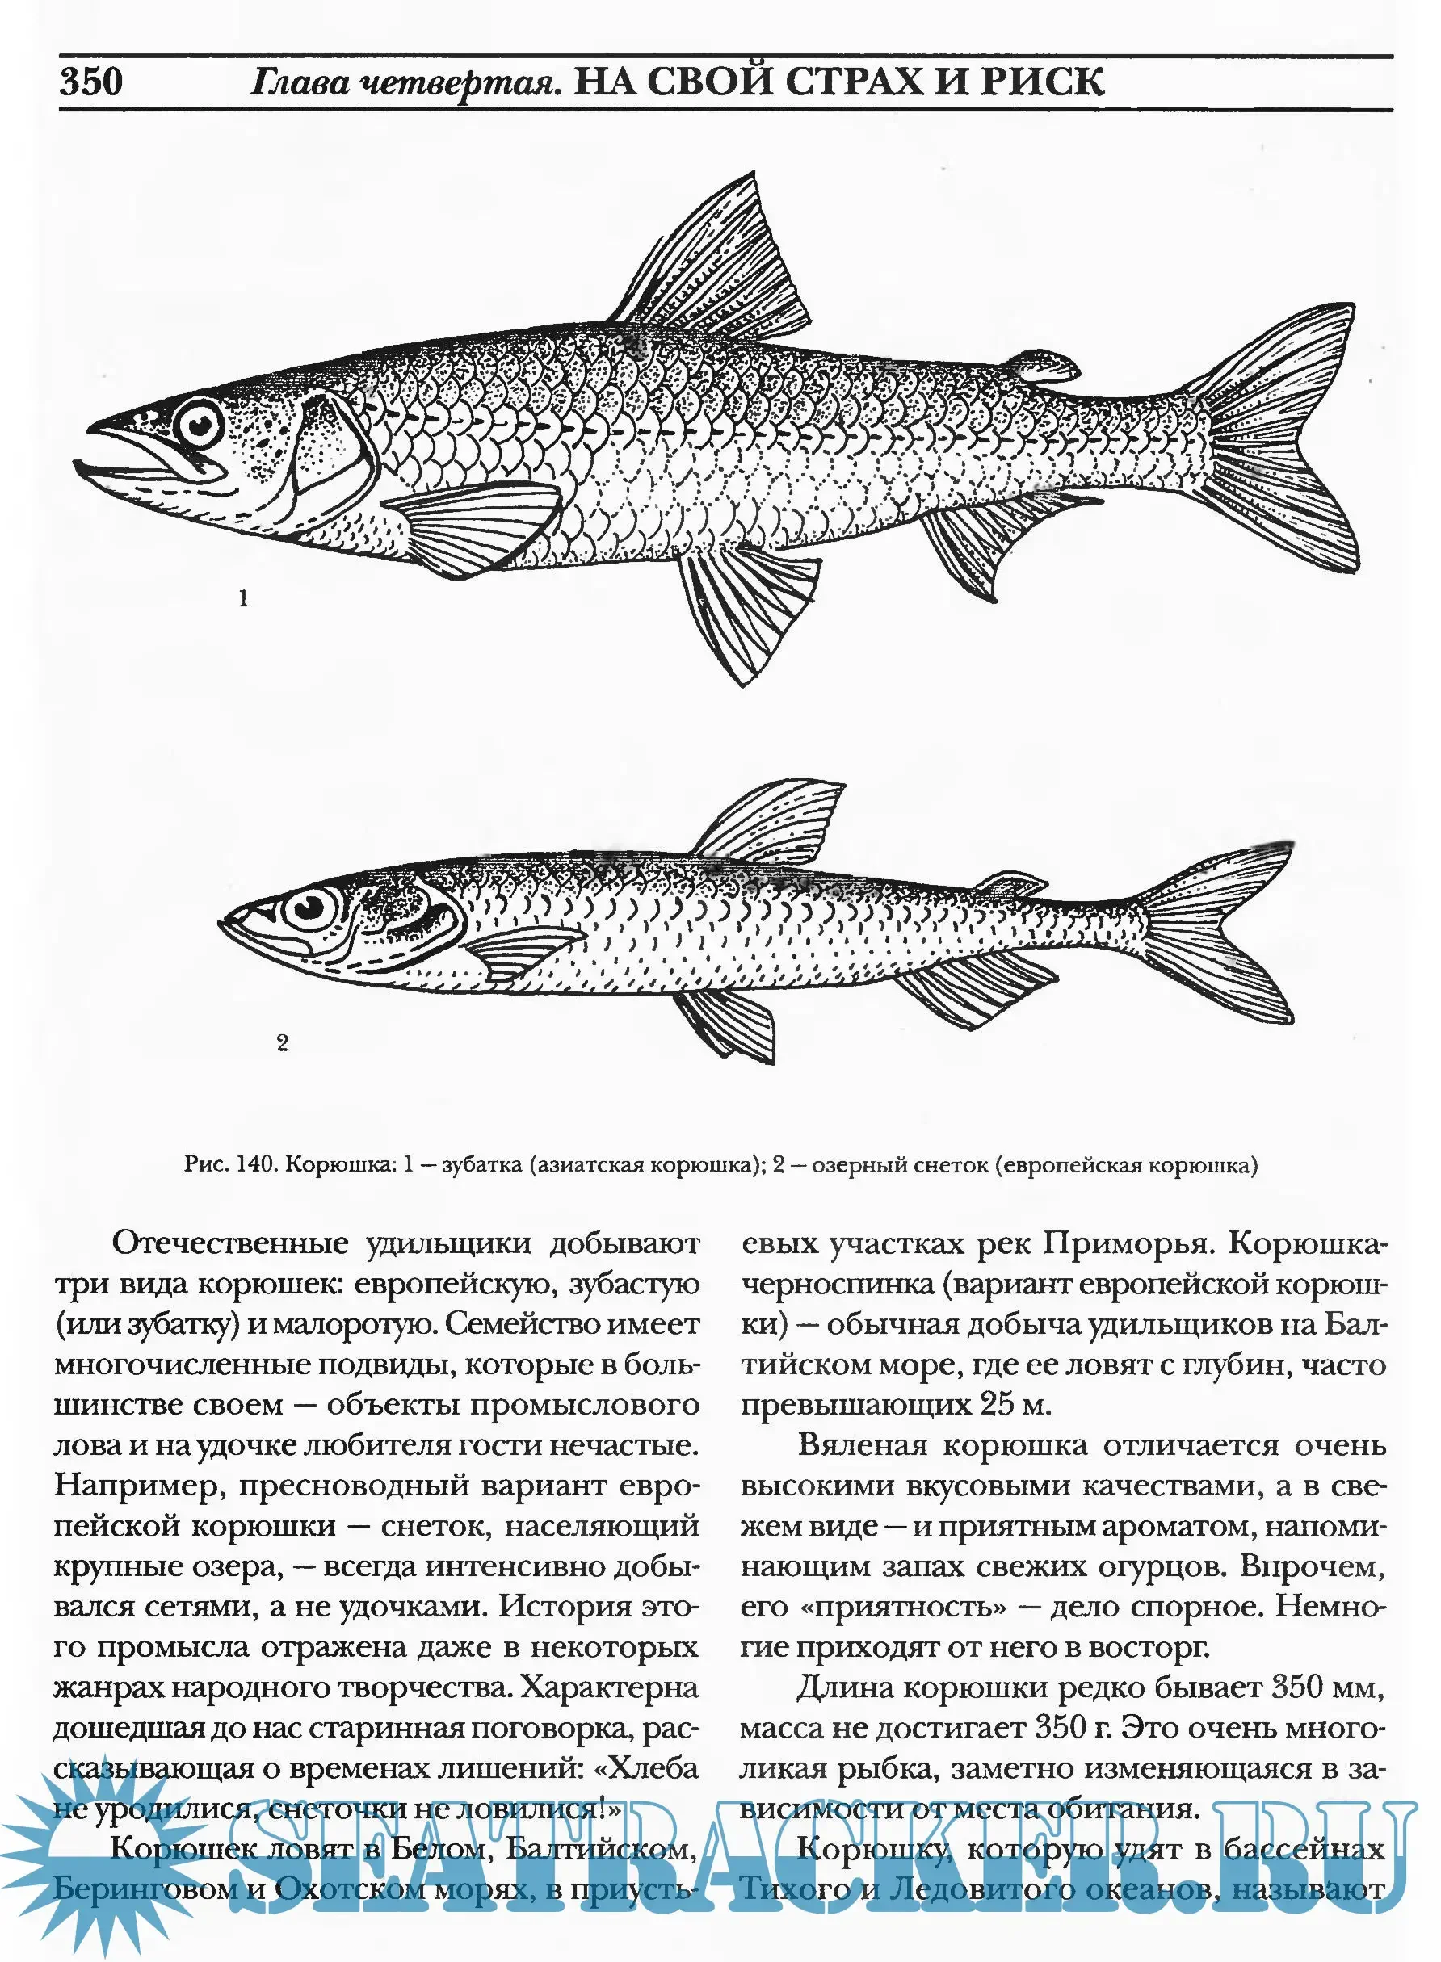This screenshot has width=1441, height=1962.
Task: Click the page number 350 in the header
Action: click(90, 81)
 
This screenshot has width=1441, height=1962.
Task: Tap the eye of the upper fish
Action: click(200, 425)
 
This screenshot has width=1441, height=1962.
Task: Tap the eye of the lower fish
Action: click(309, 908)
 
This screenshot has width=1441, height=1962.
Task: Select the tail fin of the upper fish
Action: click(1282, 436)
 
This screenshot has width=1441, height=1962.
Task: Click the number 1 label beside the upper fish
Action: click(243, 598)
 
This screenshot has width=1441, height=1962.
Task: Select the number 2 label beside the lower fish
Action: click(282, 1042)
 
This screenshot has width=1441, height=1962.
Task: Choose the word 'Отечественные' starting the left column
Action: click(230, 1243)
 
